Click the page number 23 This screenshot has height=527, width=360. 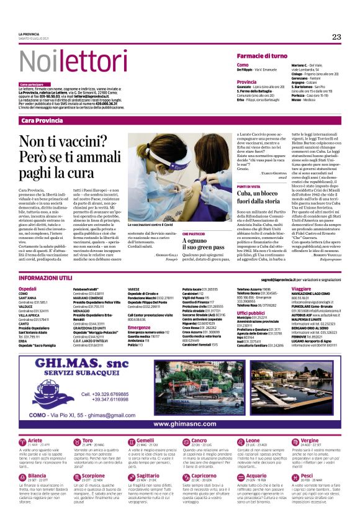coord(336,37)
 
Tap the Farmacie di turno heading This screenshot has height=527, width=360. coord(262,56)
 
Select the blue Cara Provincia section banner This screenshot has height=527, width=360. coord(42,120)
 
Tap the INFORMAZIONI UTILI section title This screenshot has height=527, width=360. coord(47,279)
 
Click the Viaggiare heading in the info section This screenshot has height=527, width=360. coord(301,289)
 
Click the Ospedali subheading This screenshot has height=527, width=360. coord(28,289)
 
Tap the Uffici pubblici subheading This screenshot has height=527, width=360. coord(251,313)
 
